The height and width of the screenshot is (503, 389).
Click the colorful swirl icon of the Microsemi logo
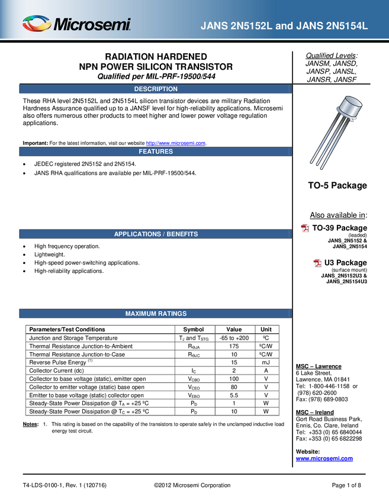click(x=37, y=24)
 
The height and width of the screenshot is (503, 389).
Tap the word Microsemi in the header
click(x=92, y=25)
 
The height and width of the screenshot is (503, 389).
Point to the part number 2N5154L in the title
click(x=341, y=26)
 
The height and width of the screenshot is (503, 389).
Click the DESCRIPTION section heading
click(x=156, y=89)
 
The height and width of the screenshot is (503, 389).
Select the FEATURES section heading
click(x=156, y=151)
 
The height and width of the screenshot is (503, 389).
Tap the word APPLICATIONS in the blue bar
click(x=137, y=234)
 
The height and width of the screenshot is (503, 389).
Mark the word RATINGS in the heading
click(x=171, y=314)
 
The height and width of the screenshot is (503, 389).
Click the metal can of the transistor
click(x=351, y=108)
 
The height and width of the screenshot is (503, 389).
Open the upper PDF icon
click(x=306, y=228)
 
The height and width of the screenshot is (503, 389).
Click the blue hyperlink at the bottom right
click(x=324, y=458)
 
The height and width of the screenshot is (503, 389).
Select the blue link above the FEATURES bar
click(x=176, y=143)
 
